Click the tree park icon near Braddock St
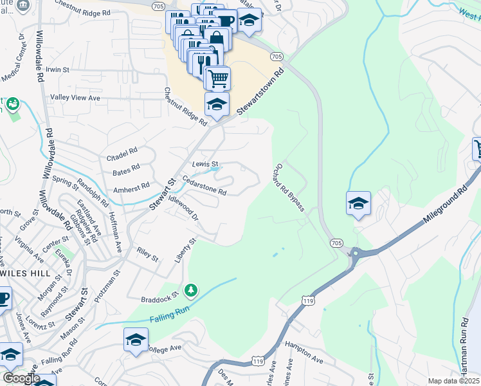click(190, 291)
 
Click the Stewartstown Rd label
click(260, 93)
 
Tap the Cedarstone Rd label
click(204, 185)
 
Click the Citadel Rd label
click(122, 154)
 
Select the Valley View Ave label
click(76, 98)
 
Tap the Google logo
click(21, 378)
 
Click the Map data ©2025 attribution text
click(453, 381)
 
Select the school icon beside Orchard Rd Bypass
click(358, 204)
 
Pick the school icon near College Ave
click(136, 340)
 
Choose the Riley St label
click(147, 254)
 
